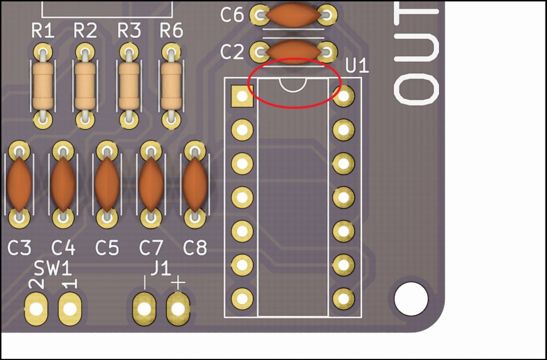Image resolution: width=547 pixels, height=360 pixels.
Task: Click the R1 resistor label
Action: tap(43, 32)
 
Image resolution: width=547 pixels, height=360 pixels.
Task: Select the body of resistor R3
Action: tap(129, 85)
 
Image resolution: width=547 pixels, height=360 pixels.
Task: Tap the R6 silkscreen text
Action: tap(171, 32)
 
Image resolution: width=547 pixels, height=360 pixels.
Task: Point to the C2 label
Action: tap(232, 52)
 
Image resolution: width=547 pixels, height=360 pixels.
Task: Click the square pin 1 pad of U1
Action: tap(242, 96)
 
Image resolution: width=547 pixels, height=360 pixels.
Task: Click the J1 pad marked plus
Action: tap(178, 309)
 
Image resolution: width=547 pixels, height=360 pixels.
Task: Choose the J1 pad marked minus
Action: tap(144, 309)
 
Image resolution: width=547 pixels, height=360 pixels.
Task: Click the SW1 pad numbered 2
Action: tap(36, 309)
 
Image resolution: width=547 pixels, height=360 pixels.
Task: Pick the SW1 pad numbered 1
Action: tap(69, 309)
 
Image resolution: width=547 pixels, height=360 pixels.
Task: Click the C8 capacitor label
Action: tap(195, 248)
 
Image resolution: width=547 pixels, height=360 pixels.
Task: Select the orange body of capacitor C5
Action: tap(107, 183)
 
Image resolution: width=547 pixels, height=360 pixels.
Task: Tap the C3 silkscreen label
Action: tap(20, 248)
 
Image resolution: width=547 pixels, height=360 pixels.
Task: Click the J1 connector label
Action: tap(160, 269)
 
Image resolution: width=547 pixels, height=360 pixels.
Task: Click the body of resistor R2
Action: tap(85, 85)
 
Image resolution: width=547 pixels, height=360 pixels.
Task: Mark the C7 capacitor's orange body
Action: tap(151, 183)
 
